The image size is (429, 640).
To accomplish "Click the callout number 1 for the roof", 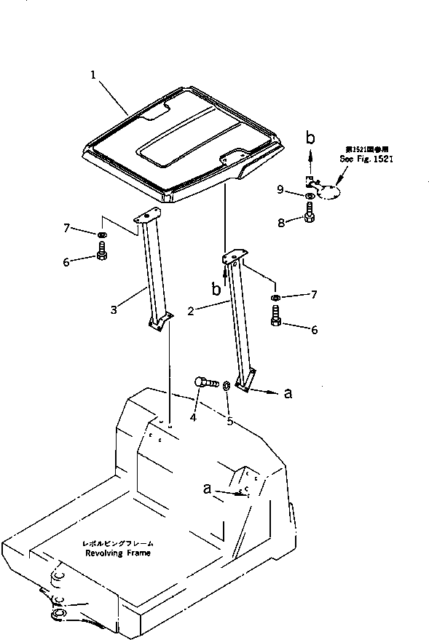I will point(93,74).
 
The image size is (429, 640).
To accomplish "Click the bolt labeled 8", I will point(310,213).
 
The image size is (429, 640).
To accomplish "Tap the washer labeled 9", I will point(310,195).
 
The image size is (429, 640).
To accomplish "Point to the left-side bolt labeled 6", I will point(101,253).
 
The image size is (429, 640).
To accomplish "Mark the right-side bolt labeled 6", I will point(277,317).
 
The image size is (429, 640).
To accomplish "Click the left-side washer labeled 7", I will point(101,234).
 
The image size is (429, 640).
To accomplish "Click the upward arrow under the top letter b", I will point(310,155).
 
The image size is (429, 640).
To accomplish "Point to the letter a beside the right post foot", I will point(288,393).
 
